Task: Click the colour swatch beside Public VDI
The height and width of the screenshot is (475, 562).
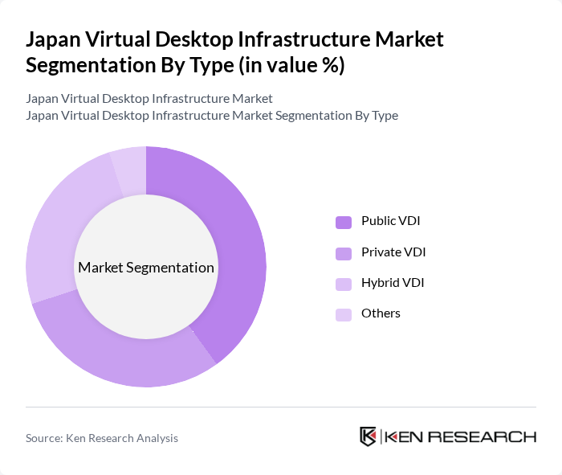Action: coord(344,222)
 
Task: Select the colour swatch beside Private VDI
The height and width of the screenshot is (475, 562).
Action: coord(344,253)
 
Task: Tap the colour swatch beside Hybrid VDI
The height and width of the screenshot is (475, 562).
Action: coord(344,284)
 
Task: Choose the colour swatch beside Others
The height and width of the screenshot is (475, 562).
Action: coord(344,314)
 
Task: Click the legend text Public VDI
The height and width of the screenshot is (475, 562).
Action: coord(391,221)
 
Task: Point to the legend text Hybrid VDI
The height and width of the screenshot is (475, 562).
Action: coord(393,283)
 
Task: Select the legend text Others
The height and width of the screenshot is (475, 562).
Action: coord(381,313)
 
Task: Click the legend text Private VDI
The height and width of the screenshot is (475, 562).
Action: coord(393,252)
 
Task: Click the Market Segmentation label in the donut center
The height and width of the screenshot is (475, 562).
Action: coord(146,268)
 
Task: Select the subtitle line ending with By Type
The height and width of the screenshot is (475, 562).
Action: coord(212,116)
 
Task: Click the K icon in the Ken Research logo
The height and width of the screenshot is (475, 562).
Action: coord(368,436)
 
